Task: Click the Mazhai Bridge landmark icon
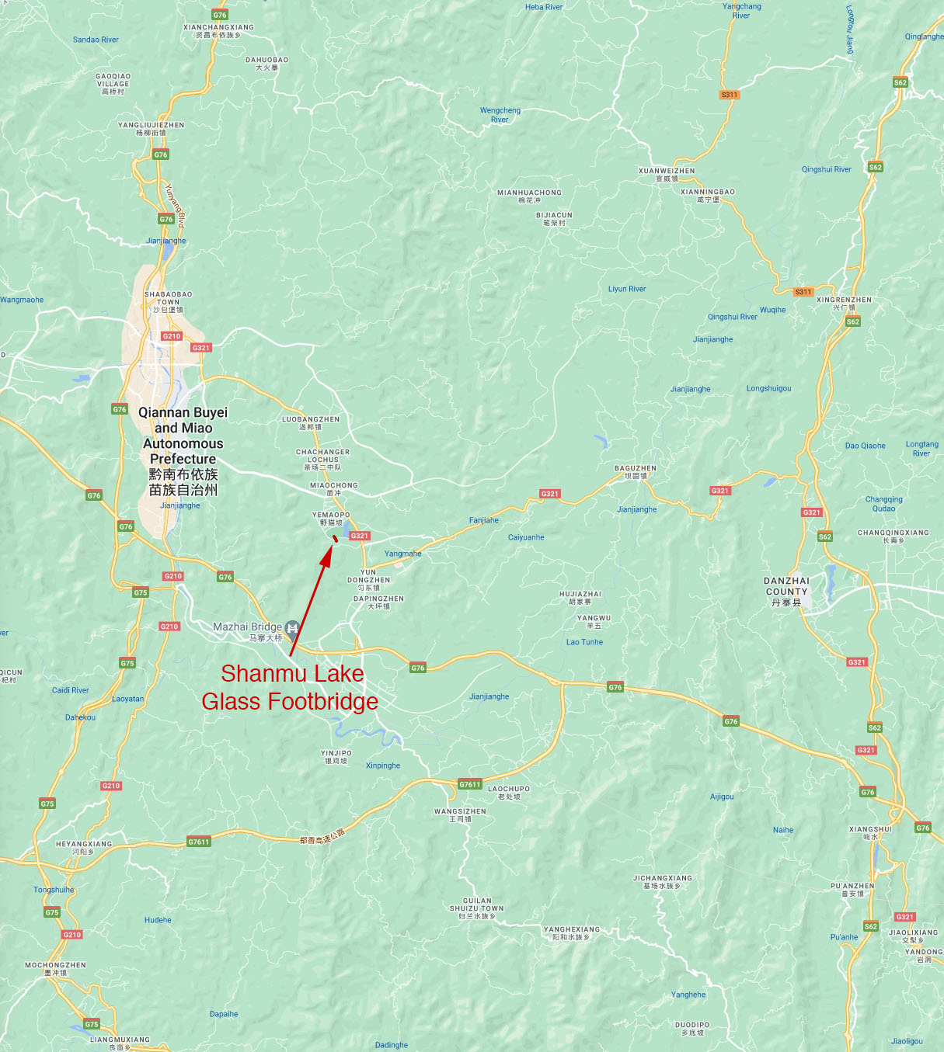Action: (x=292, y=627)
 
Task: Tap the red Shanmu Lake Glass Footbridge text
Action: (x=291, y=687)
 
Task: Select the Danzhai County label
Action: (x=786, y=591)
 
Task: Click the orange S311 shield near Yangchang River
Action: (x=729, y=95)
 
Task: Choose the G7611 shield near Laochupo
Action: (x=469, y=784)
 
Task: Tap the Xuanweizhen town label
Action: (x=667, y=174)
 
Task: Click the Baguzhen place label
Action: (x=636, y=472)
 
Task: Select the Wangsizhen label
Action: (x=460, y=814)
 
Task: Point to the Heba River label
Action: (x=544, y=7)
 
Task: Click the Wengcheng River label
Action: (x=500, y=115)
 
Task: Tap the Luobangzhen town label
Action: (x=311, y=422)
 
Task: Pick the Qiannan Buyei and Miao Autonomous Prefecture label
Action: (x=183, y=450)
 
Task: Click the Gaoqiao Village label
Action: (x=113, y=84)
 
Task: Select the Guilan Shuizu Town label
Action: (x=477, y=908)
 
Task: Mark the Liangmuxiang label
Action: (x=120, y=1042)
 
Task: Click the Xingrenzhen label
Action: (x=844, y=303)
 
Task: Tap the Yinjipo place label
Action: (x=336, y=756)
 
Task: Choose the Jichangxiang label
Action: (x=662, y=881)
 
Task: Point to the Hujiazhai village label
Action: (x=580, y=597)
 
